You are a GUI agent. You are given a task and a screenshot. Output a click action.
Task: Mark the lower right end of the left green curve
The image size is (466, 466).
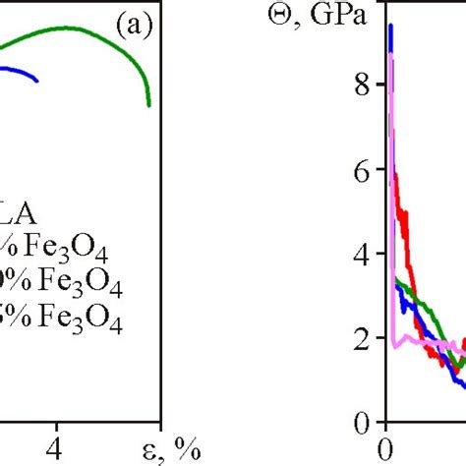(x=148, y=103)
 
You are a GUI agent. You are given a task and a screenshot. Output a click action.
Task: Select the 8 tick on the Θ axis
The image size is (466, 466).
(x=362, y=86)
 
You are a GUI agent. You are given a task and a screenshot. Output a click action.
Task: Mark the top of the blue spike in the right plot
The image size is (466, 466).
(x=390, y=27)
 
